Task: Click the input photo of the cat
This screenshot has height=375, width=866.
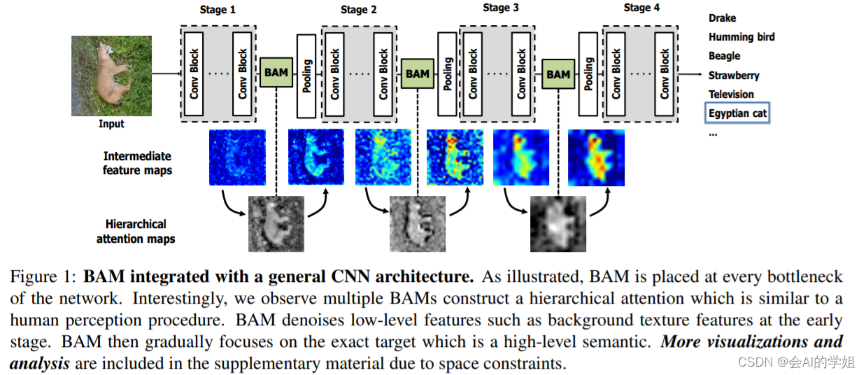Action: pyautogui.click(x=111, y=76)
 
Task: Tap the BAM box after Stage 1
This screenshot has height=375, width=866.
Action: pyautogui.click(x=276, y=72)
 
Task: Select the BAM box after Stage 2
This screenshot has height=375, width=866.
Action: pyautogui.click(x=418, y=73)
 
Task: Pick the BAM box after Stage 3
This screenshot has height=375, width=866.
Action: pyautogui.click(x=558, y=73)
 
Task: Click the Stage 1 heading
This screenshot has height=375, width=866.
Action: pyautogui.click(x=218, y=10)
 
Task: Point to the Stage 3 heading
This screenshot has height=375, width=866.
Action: pyautogui.click(x=501, y=8)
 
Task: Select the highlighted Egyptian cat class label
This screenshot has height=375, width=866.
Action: pyautogui.click(x=737, y=113)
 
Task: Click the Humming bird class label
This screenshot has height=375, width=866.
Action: pyautogui.click(x=741, y=37)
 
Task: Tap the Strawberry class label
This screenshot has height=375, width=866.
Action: pyautogui.click(x=733, y=75)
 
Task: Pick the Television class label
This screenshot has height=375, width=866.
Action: pyautogui.click(x=731, y=94)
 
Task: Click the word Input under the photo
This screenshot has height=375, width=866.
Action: pyautogui.click(x=111, y=124)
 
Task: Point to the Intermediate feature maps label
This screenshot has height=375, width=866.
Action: pyautogui.click(x=137, y=163)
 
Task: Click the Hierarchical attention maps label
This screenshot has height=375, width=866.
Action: pyautogui.click(x=136, y=232)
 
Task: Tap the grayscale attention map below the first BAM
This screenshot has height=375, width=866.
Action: pyautogui.click(x=276, y=224)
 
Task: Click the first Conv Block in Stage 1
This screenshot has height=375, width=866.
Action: pyautogui.click(x=195, y=73)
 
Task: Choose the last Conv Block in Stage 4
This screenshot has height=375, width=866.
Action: pyautogui.click(x=664, y=73)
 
